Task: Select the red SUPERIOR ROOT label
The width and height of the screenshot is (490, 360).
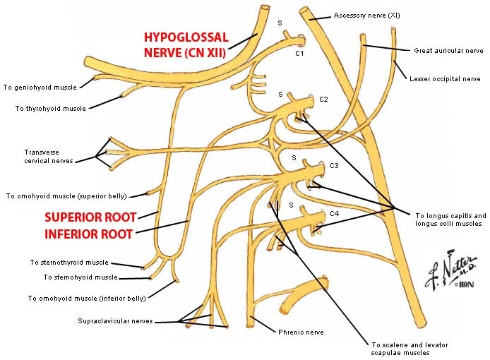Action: [x=89, y=217]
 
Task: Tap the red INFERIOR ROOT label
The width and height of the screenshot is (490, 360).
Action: [x=88, y=234]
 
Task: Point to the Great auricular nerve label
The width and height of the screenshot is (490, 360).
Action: [x=448, y=51]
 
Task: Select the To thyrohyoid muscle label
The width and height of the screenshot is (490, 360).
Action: [x=50, y=109]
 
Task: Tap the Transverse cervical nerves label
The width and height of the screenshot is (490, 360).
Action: [x=49, y=156]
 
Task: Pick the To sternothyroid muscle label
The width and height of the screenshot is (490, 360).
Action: [x=68, y=262]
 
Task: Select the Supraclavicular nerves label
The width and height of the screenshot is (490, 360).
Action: [x=115, y=321]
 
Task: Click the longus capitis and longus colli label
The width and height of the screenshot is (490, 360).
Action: [x=450, y=220]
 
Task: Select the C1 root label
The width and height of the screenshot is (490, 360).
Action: [x=299, y=54]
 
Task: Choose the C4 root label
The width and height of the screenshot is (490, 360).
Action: [x=335, y=213]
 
